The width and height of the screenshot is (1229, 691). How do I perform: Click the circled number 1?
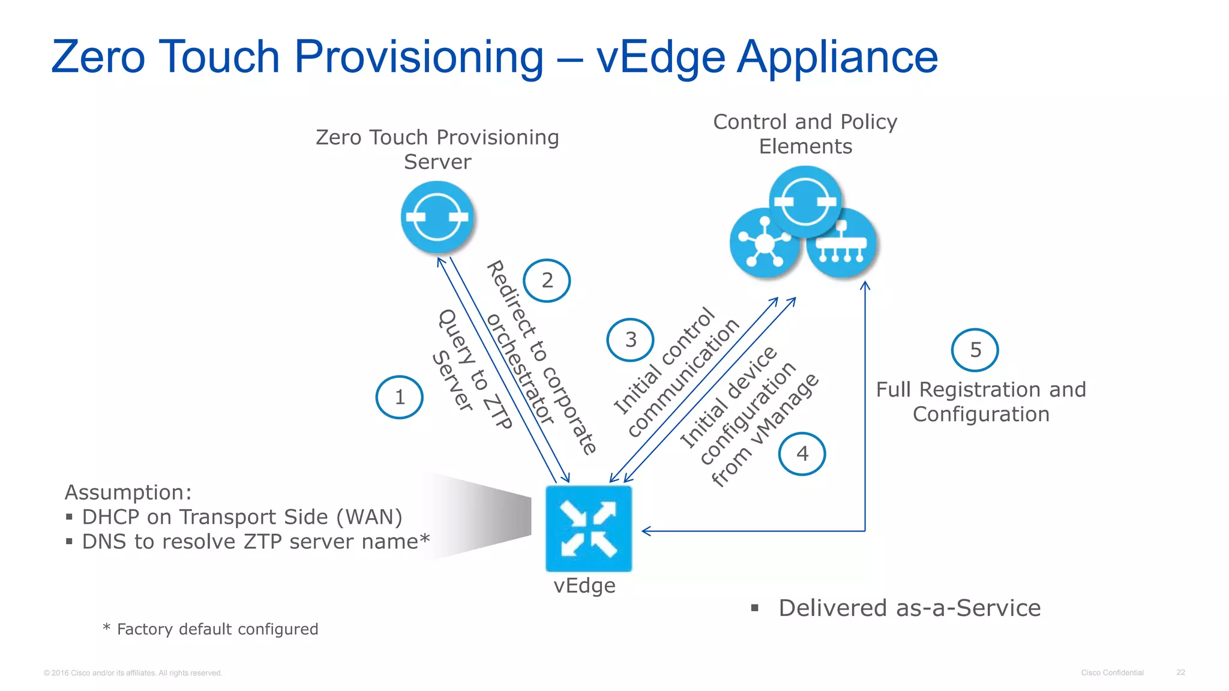tap(399, 397)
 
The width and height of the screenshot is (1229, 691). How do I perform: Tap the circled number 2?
tap(547, 281)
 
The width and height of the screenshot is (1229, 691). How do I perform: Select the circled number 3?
tap(630, 340)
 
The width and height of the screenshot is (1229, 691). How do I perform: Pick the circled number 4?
tap(802, 454)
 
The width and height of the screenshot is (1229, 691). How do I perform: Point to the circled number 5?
tap(975, 350)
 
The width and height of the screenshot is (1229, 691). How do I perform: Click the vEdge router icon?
tap(588, 528)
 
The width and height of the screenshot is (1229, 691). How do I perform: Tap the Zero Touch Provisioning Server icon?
tap(437, 217)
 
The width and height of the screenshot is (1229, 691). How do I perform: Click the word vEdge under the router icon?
tap(584, 585)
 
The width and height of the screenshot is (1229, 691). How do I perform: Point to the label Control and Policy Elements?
tap(805, 134)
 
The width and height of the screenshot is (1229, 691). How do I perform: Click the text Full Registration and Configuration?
tap(981, 402)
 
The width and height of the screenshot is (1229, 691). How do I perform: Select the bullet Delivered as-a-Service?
tap(909, 608)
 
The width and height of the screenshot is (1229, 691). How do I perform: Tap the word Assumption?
tap(128, 492)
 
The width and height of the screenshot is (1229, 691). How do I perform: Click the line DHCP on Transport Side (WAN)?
tap(242, 517)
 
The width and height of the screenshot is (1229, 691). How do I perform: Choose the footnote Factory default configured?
tap(217, 629)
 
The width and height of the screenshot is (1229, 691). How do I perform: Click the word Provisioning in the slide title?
tap(418, 58)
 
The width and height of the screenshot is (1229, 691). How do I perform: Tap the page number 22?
tap(1180, 672)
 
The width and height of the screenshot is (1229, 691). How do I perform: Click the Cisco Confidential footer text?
tap(1112, 672)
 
